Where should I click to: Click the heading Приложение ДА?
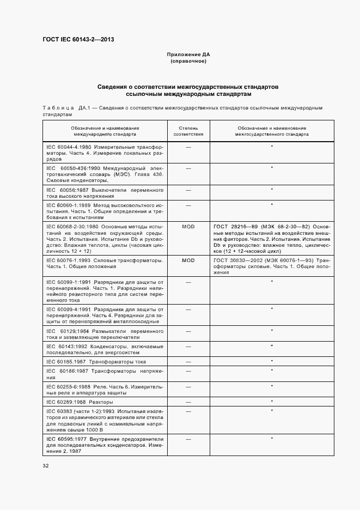click(188, 55)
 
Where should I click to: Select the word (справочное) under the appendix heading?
click(188, 62)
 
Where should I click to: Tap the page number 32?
click(46, 465)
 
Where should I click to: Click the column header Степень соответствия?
click(188, 130)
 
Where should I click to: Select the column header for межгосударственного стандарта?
click(272, 130)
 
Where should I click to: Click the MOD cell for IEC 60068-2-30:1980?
click(188, 226)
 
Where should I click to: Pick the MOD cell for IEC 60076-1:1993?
click(188, 260)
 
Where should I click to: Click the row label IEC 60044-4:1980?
click(69, 147)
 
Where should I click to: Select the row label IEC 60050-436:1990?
click(73, 168)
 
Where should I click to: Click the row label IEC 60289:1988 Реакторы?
click(80, 402)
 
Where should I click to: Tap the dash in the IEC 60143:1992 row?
click(188, 347)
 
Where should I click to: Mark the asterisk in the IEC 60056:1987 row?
click(271, 189)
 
